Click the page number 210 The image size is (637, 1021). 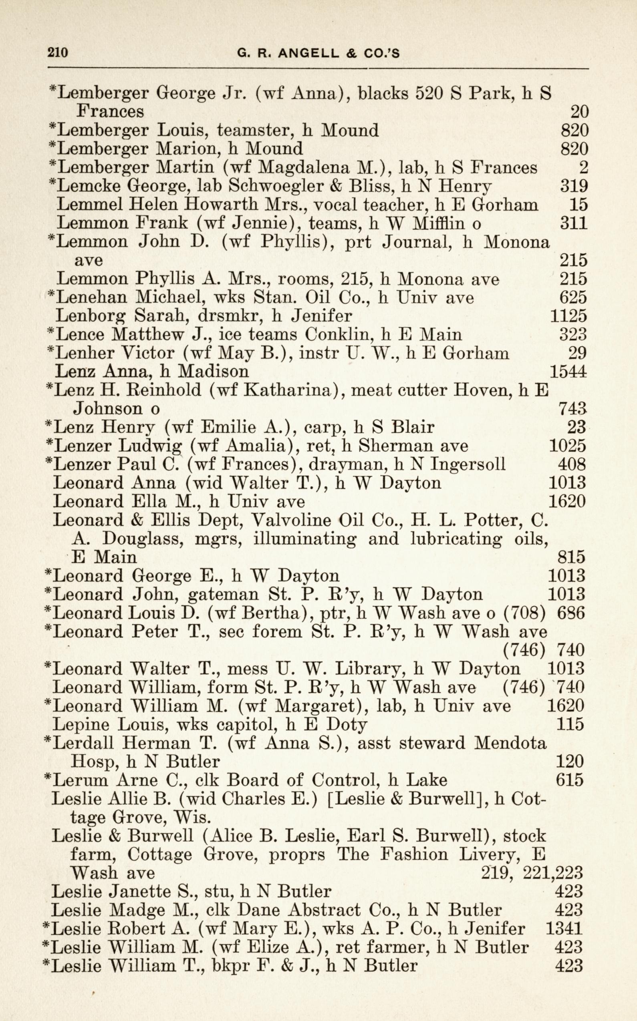click(x=58, y=53)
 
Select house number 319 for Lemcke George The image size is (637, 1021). click(x=573, y=186)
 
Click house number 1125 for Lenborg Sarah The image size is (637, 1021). click(x=568, y=316)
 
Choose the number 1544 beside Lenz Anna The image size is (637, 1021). click(x=568, y=371)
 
